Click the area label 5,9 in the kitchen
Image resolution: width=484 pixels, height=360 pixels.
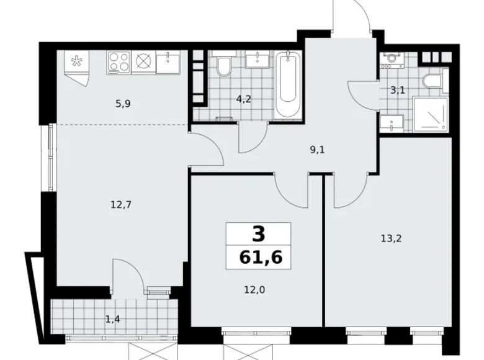click(123, 104)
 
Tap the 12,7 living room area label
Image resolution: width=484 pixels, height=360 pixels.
click(121, 204)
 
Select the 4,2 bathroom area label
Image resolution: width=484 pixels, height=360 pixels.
click(243, 99)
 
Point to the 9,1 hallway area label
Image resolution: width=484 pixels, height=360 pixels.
click(318, 150)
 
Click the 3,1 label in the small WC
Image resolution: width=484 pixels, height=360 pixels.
click(398, 91)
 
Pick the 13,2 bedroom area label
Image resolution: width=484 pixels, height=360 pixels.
click(391, 238)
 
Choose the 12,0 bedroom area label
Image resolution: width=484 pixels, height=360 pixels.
click(254, 290)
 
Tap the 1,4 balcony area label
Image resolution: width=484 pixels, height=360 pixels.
click(113, 319)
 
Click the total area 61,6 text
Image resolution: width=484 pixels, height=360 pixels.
click(261, 257)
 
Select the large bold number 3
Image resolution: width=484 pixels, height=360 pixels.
click(259, 234)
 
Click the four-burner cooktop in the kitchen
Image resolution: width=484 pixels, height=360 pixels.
click(119, 62)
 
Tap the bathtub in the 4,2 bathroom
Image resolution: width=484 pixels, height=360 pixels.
click(288, 84)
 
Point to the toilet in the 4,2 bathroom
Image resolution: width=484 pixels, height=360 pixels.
click(223, 66)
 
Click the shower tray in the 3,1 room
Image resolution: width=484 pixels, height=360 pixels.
click(431, 114)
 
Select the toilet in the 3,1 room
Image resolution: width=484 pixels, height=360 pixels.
click(432, 81)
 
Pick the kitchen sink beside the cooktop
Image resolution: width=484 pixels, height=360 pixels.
click(168, 63)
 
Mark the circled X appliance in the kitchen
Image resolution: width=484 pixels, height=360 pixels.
click(143, 62)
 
